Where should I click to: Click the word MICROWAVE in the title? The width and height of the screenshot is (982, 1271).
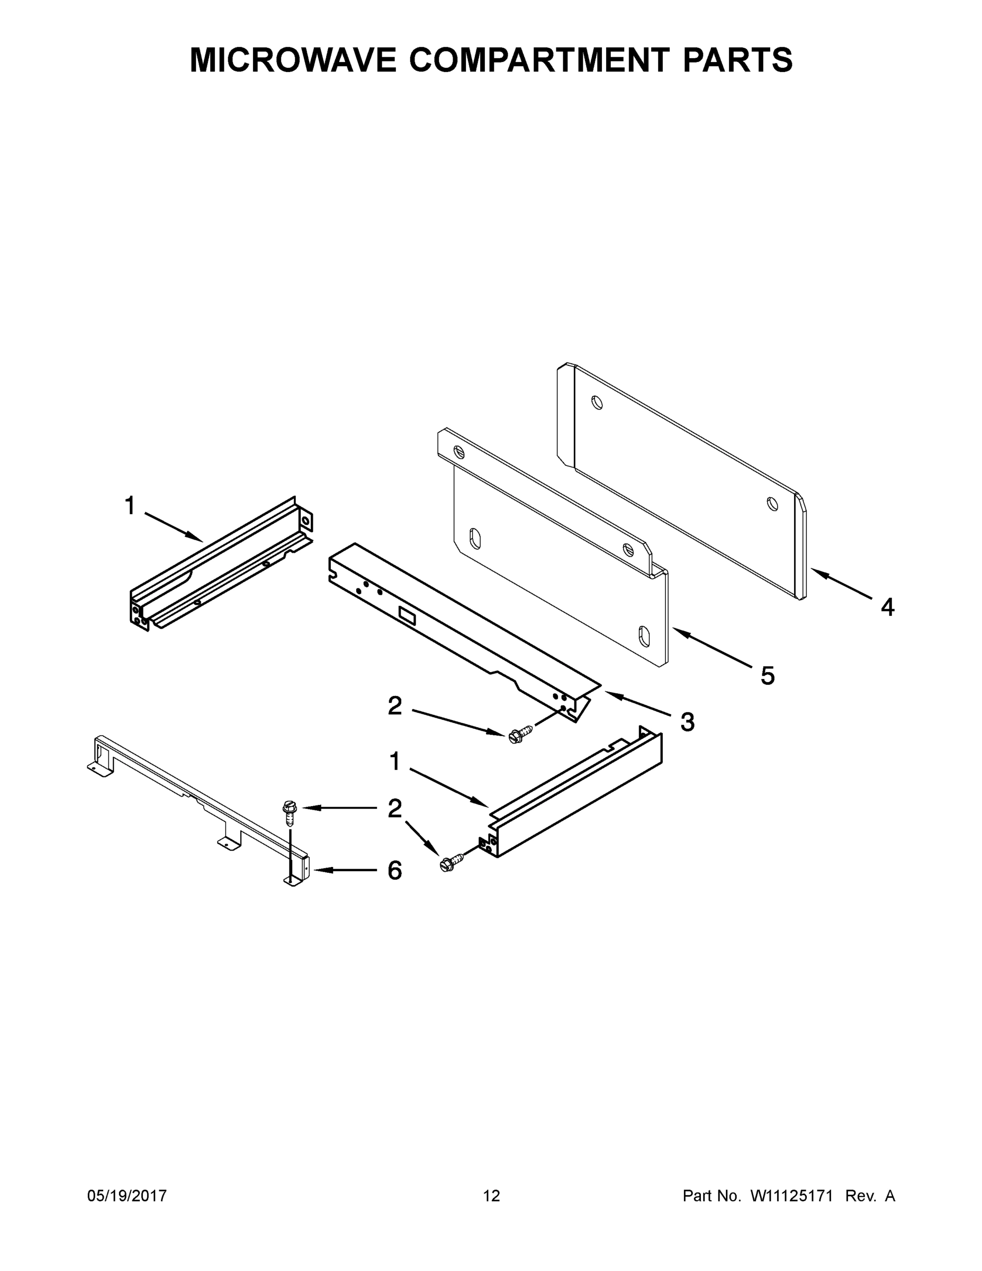(293, 60)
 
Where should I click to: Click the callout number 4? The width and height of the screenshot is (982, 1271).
(887, 607)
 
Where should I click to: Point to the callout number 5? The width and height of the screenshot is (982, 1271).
(768, 676)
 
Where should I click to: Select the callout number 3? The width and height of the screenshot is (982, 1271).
(687, 722)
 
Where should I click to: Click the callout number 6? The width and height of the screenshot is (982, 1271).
(394, 871)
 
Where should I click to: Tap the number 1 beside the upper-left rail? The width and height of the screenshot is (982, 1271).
(130, 506)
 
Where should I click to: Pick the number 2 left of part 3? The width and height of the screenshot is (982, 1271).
(394, 706)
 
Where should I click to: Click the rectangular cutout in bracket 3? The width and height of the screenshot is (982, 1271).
(407, 616)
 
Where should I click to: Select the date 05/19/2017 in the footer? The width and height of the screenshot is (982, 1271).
(127, 1196)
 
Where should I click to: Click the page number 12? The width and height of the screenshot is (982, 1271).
(491, 1196)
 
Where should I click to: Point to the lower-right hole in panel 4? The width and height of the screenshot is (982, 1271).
(772, 504)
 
